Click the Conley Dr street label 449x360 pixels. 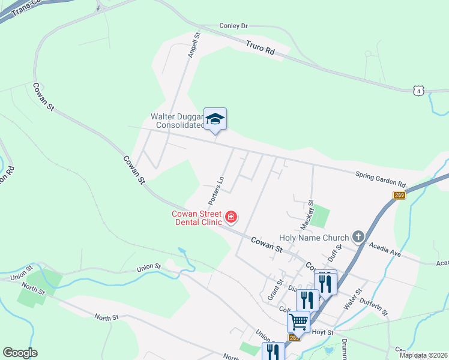(234, 26)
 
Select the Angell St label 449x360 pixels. (194, 45)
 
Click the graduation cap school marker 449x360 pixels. (215, 119)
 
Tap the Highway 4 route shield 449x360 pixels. (418, 91)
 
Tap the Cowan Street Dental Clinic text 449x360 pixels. (197, 218)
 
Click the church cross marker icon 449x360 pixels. (359, 236)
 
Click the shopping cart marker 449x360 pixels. (298, 322)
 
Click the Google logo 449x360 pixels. (20, 353)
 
